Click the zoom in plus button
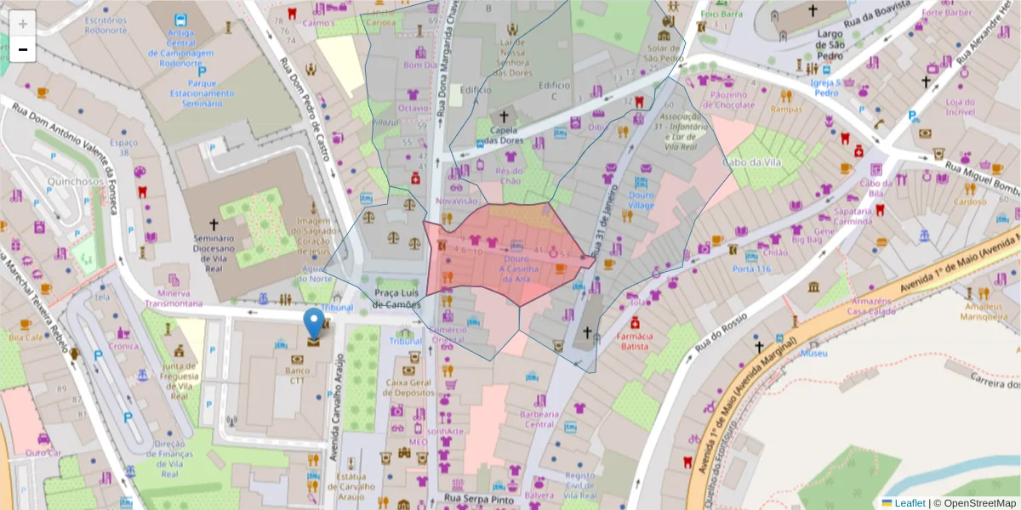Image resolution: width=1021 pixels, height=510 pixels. click(22, 23)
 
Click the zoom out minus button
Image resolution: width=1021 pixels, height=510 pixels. click(22, 49)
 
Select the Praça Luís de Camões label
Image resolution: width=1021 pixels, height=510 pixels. click(397, 298)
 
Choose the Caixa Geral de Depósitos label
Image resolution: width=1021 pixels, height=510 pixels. click(410, 388)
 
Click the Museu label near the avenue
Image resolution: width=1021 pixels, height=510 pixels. click(814, 353)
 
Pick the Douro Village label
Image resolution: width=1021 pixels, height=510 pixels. click(642, 200)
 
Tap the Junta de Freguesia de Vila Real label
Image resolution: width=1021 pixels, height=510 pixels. click(180, 382)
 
